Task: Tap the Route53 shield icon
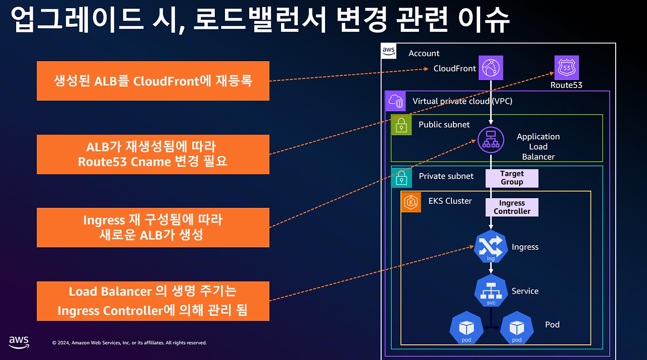(566, 68)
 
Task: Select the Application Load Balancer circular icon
(491, 139)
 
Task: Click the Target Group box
(512, 178)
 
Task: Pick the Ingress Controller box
(512, 207)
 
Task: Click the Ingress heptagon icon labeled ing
(491, 247)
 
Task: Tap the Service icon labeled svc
(491, 291)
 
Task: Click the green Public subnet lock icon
(401, 125)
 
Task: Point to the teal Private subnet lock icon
(401, 176)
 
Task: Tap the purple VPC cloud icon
(395, 101)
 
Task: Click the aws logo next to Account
(388, 51)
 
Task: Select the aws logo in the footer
(19, 342)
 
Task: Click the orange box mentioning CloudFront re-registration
(153, 81)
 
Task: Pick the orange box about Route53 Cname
(153, 154)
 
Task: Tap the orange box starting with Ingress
(153, 228)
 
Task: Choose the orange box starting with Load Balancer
(153, 301)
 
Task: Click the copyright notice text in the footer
(129, 343)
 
